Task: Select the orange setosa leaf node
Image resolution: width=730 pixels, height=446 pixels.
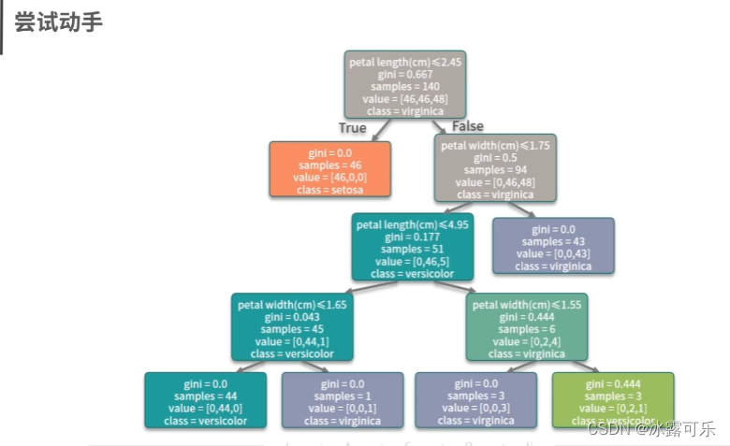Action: point(329,169)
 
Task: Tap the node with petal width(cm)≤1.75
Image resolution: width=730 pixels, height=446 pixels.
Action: point(495,169)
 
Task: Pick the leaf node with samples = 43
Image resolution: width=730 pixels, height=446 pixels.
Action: point(553,246)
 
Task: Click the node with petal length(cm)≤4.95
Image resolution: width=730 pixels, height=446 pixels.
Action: point(412,248)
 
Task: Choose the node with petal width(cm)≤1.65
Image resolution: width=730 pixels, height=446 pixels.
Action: point(293,327)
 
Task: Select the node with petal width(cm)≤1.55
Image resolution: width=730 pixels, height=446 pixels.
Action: point(527,327)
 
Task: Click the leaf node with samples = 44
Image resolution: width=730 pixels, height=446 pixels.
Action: point(206,401)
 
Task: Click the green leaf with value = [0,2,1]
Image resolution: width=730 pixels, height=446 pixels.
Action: point(613,401)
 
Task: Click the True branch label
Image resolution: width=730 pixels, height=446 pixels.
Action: point(352,128)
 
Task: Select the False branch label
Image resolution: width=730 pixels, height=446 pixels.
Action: point(468,126)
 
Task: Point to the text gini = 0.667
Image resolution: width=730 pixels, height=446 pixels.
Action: point(405,75)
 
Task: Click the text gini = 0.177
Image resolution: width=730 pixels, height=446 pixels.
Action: point(412,237)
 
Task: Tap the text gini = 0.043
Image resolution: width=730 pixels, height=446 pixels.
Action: point(293,317)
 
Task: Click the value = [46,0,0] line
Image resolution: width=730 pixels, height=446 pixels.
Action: point(329,177)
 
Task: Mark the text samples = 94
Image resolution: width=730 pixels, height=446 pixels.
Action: point(495,170)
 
